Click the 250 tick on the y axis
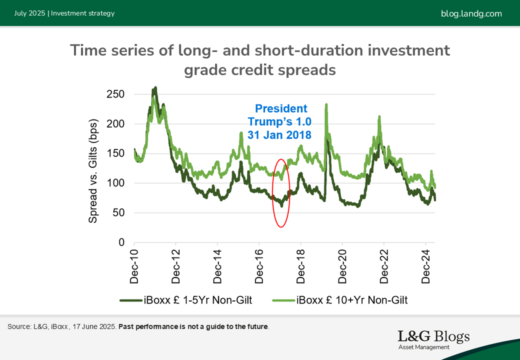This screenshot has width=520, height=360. coord(115,94)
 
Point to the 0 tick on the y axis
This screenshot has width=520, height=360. coord(121,242)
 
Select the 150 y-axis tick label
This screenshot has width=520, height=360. coord(115,153)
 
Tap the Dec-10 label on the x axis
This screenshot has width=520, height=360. coord(134,266)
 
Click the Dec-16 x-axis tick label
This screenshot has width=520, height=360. coord(259,266)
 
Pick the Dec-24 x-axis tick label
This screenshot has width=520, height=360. coord(425,266)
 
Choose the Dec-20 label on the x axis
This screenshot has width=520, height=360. coord(342,266)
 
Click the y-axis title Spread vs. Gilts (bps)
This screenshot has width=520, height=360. coord(93,170)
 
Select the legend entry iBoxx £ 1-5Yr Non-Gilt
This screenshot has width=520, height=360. coord(186,300)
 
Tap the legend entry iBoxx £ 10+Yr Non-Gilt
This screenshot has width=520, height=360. coord(340,300)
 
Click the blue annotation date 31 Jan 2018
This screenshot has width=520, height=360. coord(279,135)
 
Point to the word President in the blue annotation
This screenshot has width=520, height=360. coord(281,108)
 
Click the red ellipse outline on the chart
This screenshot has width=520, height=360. coord(272,193)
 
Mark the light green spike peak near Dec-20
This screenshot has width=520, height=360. coord(326,105)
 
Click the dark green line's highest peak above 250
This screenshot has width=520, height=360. coord(155,88)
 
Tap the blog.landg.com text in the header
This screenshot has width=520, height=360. coord(471,13)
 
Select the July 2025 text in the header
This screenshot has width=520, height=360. coord(29,13)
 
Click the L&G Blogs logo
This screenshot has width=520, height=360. coord(434,339)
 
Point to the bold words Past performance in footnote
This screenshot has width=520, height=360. coord(148,326)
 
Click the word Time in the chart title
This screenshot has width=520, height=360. coord(88,50)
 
